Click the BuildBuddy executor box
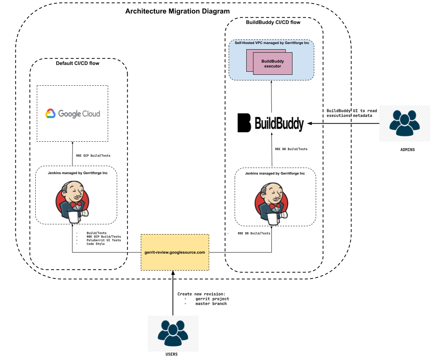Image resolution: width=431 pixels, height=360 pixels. (273, 64)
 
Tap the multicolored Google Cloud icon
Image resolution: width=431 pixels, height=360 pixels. (50, 113)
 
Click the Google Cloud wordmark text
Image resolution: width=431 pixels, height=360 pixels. (79, 113)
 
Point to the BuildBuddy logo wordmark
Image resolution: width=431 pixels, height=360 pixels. (279, 123)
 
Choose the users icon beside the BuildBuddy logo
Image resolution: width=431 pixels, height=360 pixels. (404, 123)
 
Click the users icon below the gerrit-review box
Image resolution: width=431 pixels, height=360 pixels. (173, 333)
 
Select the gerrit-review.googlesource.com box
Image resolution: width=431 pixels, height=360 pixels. (175, 252)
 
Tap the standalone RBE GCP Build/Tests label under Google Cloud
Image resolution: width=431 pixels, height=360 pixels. (93, 156)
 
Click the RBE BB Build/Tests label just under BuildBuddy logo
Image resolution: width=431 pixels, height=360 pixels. (291, 149)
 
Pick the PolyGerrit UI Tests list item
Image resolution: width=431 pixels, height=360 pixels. (104, 240)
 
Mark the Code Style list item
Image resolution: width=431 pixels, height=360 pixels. (95, 244)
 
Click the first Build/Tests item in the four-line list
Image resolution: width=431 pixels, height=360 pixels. (96, 233)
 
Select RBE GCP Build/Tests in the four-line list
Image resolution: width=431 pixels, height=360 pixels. (104, 237)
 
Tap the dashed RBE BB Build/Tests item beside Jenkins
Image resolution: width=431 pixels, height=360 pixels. (254, 233)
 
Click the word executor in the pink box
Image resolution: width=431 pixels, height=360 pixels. (273, 66)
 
